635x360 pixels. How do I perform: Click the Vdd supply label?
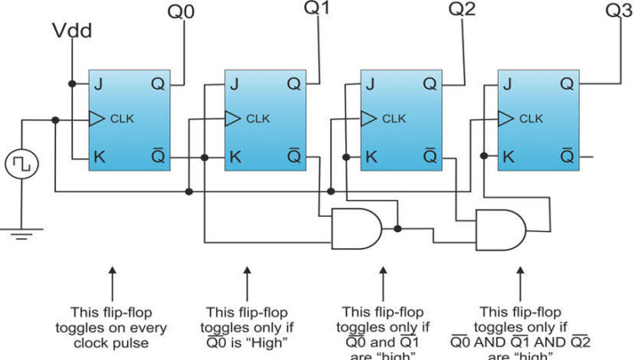click(x=73, y=32)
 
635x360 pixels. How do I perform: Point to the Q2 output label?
click(x=462, y=10)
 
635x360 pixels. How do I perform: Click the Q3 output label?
click(x=618, y=10)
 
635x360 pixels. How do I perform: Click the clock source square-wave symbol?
click(x=21, y=163)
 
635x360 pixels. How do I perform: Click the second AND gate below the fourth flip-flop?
click(x=501, y=229)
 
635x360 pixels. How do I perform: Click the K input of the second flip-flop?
click(x=236, y=157)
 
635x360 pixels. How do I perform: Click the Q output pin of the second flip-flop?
click(x=293, y=84)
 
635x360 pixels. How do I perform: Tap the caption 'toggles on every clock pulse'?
click(x=111, y=325)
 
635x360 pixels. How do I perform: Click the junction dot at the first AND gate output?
click(x=397, y=228)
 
